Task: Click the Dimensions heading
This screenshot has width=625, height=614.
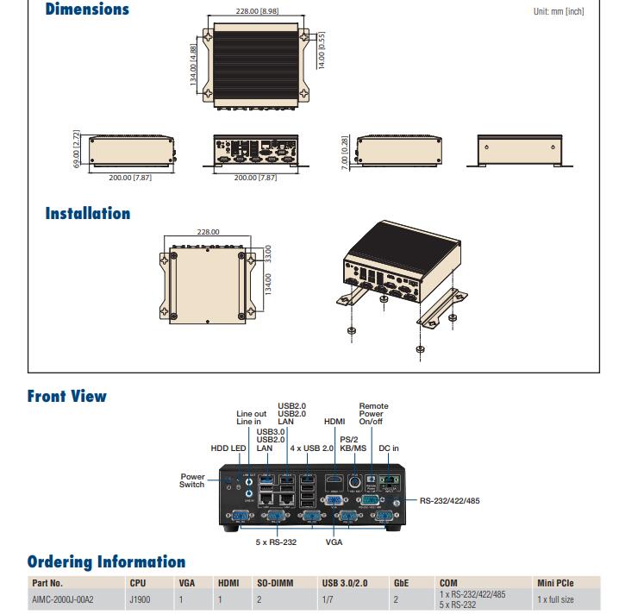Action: tap(87, 10)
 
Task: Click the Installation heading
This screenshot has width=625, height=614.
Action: tap(88, 213)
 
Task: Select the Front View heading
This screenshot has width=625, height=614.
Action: tap(67, 397)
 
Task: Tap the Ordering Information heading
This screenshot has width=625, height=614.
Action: tap(106, 562)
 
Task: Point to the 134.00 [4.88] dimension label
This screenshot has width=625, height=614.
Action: tap(195, 63)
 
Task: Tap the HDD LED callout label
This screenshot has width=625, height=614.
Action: tap(228, 448)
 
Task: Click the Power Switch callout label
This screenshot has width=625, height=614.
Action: tap(192, 480)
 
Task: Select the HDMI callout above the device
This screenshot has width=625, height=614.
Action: tap(334, 422)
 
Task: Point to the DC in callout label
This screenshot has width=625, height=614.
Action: tap(389, 448)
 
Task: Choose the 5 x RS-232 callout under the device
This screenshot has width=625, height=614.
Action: tap(275, 542)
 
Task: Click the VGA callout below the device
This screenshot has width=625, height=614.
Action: tap(334, 542)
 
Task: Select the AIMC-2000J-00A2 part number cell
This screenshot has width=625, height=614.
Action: tap(63, 599)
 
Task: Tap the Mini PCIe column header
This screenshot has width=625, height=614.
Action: tap(554, 584)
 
